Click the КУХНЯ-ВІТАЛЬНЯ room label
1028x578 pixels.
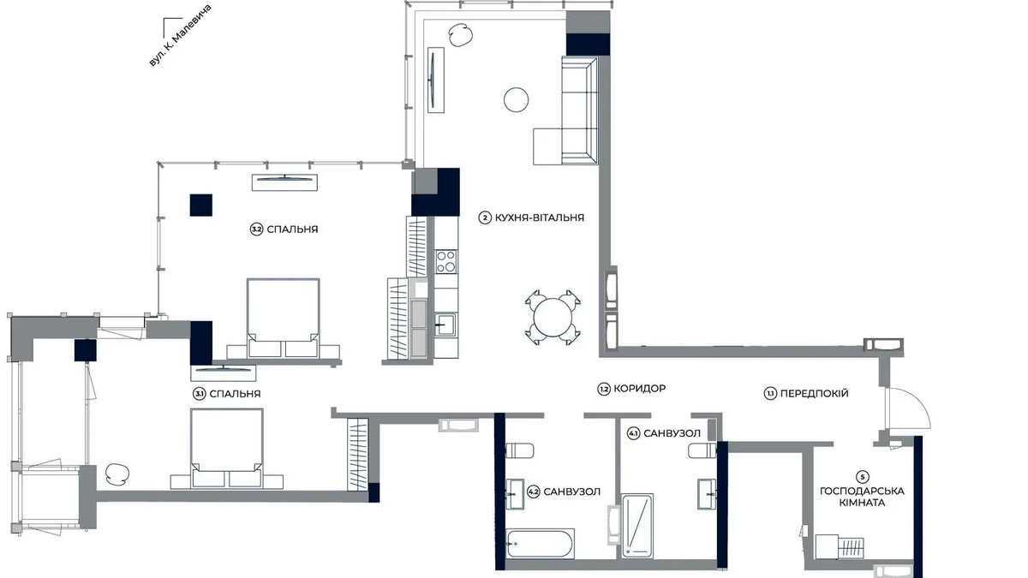(539, 217)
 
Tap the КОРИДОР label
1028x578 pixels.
(639, 389)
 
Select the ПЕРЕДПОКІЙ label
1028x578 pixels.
(814, 393)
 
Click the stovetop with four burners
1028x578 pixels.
(445, 260)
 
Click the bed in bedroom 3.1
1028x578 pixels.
(226, 448)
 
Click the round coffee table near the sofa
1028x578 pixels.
(516, 100)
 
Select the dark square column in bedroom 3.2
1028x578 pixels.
(200, 206)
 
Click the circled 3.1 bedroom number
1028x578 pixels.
(199, 394)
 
